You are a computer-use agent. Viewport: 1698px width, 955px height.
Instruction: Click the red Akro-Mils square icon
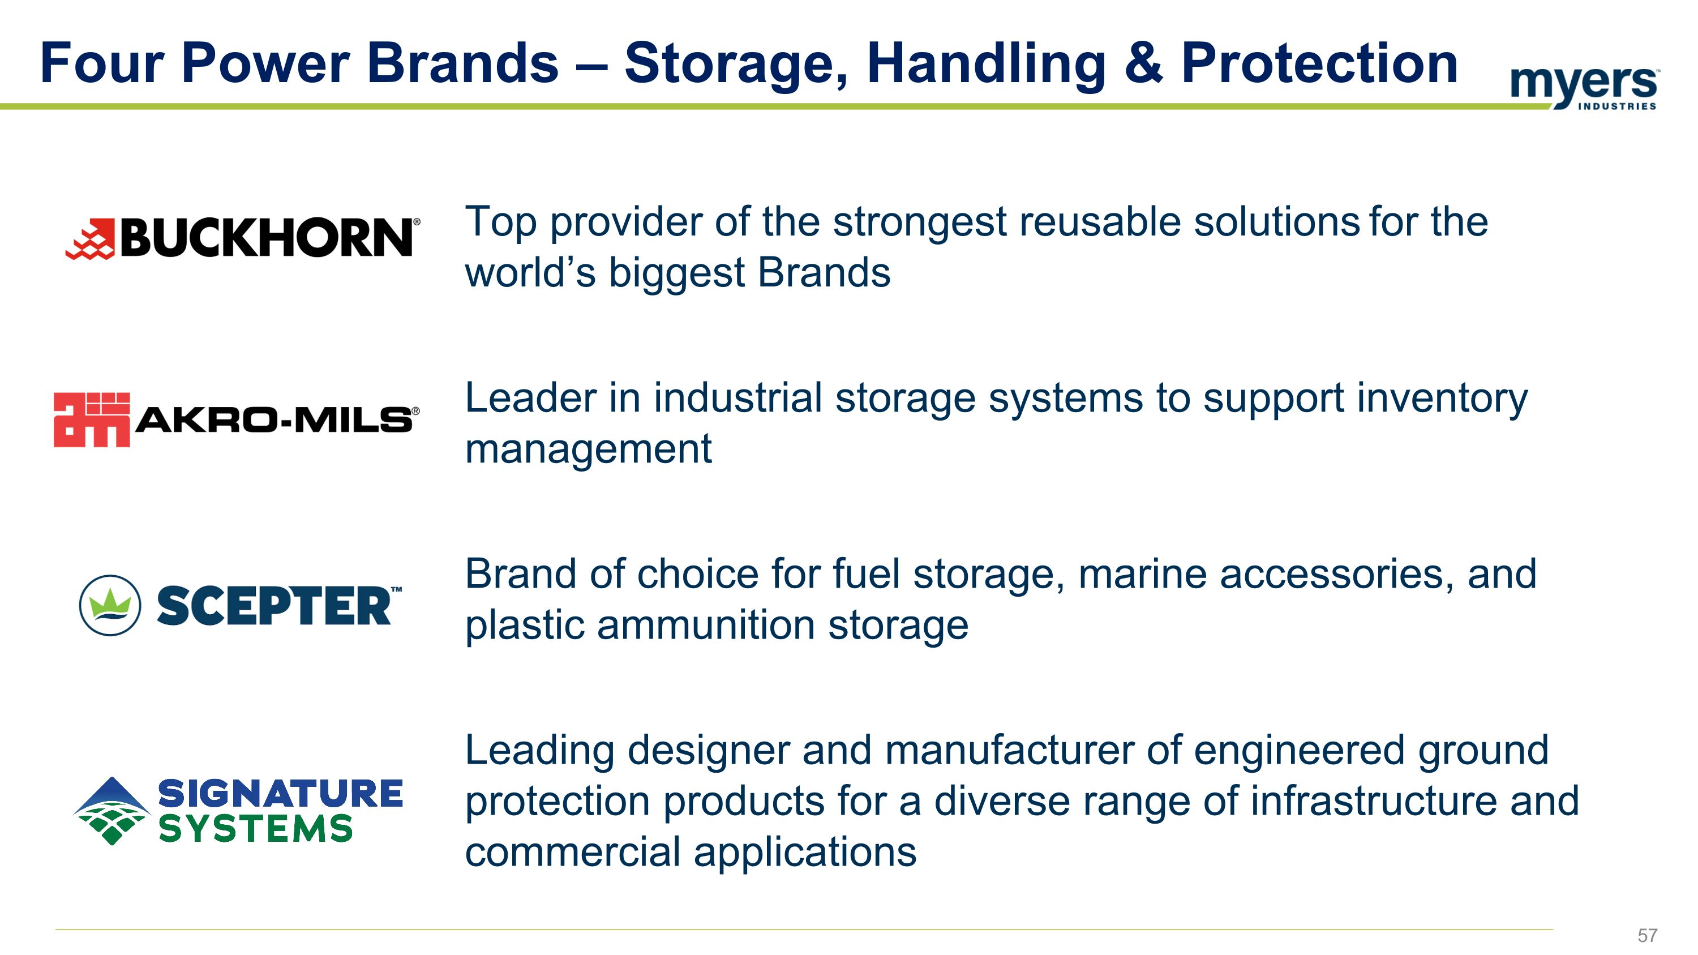coord(92,420)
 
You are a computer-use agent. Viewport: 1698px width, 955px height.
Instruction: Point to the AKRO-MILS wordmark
coord(273,420)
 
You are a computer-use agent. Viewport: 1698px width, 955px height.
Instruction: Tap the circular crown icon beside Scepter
coord(109,605)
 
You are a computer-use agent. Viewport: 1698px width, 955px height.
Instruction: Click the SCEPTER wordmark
coord(274,606)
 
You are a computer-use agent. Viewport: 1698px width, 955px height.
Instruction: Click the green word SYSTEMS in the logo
coord(255,829)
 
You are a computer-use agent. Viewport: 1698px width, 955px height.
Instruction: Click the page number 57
coord(1647,935)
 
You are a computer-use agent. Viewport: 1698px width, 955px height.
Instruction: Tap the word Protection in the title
coord(1319,63)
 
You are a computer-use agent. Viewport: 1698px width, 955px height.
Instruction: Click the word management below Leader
coord(588,449)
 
